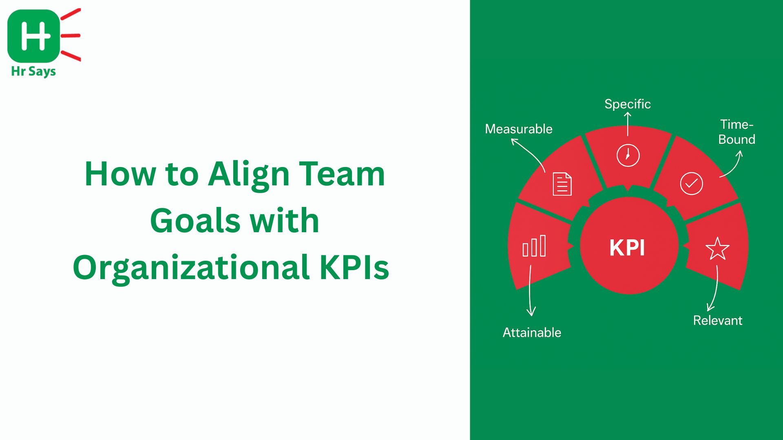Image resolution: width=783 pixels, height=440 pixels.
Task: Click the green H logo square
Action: [x=33, y=36]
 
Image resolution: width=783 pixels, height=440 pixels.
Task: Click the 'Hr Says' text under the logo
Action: [x=33, y=72]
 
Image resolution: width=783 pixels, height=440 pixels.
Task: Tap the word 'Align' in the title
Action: [x=249, y=176]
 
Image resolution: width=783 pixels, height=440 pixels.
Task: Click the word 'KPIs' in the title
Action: [x=354, y=268]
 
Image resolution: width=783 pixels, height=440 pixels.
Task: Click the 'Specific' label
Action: [x=628, y=105]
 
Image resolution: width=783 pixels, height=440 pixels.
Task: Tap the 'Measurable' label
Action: [x=519, y=129]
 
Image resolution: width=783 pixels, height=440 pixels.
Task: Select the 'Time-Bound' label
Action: [x=737, y=132]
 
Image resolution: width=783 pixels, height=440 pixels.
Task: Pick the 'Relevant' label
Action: [x=718, y=321]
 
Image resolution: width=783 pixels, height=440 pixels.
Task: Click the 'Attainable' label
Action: [x=532, y=332]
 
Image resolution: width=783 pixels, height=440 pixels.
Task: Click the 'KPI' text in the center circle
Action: [x=627, y=248]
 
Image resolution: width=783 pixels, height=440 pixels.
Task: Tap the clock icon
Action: [x=628, y=155]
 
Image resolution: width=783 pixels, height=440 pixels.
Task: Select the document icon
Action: [x=562, y=184]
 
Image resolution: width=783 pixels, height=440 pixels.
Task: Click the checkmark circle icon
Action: [x=692, y=183]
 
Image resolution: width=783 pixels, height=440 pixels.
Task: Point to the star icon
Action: [x=717, y=249]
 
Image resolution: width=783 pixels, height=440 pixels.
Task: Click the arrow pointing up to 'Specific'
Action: [x=628, y=124]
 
